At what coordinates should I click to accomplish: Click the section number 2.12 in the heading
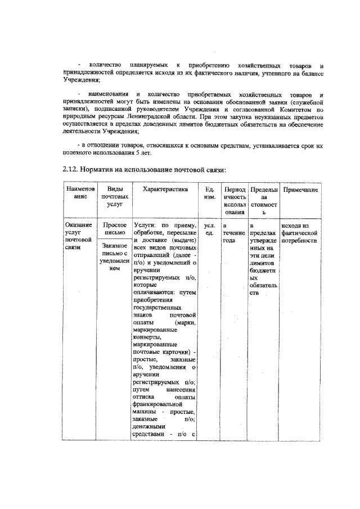[70, 169]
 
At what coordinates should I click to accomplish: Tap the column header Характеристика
[165, 190]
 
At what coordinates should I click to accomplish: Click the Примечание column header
[300, 190]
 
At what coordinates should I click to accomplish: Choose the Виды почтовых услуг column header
[115, 198]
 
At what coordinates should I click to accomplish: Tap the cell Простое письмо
[115, 229]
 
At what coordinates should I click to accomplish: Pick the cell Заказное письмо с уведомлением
[115, 256]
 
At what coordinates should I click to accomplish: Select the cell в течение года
[232, 232]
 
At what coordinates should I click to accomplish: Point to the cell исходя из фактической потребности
[300, 232]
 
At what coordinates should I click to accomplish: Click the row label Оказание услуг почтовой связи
[79, 236]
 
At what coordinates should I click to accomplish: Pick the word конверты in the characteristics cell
[146, 337]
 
